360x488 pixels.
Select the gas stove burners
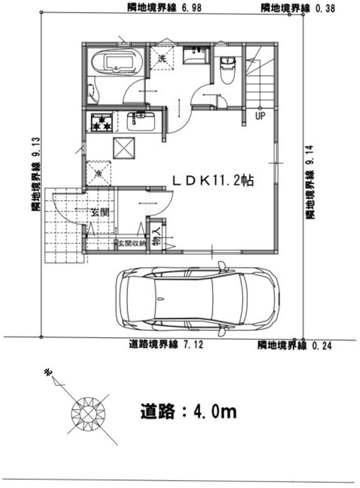pos(102,122)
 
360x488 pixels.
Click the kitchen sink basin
pos(141,122)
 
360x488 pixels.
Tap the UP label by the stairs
pos(259,116)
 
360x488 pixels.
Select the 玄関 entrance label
pos(100,212)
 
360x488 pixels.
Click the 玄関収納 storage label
pos(130,243)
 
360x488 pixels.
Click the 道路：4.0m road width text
pos(188,411)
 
